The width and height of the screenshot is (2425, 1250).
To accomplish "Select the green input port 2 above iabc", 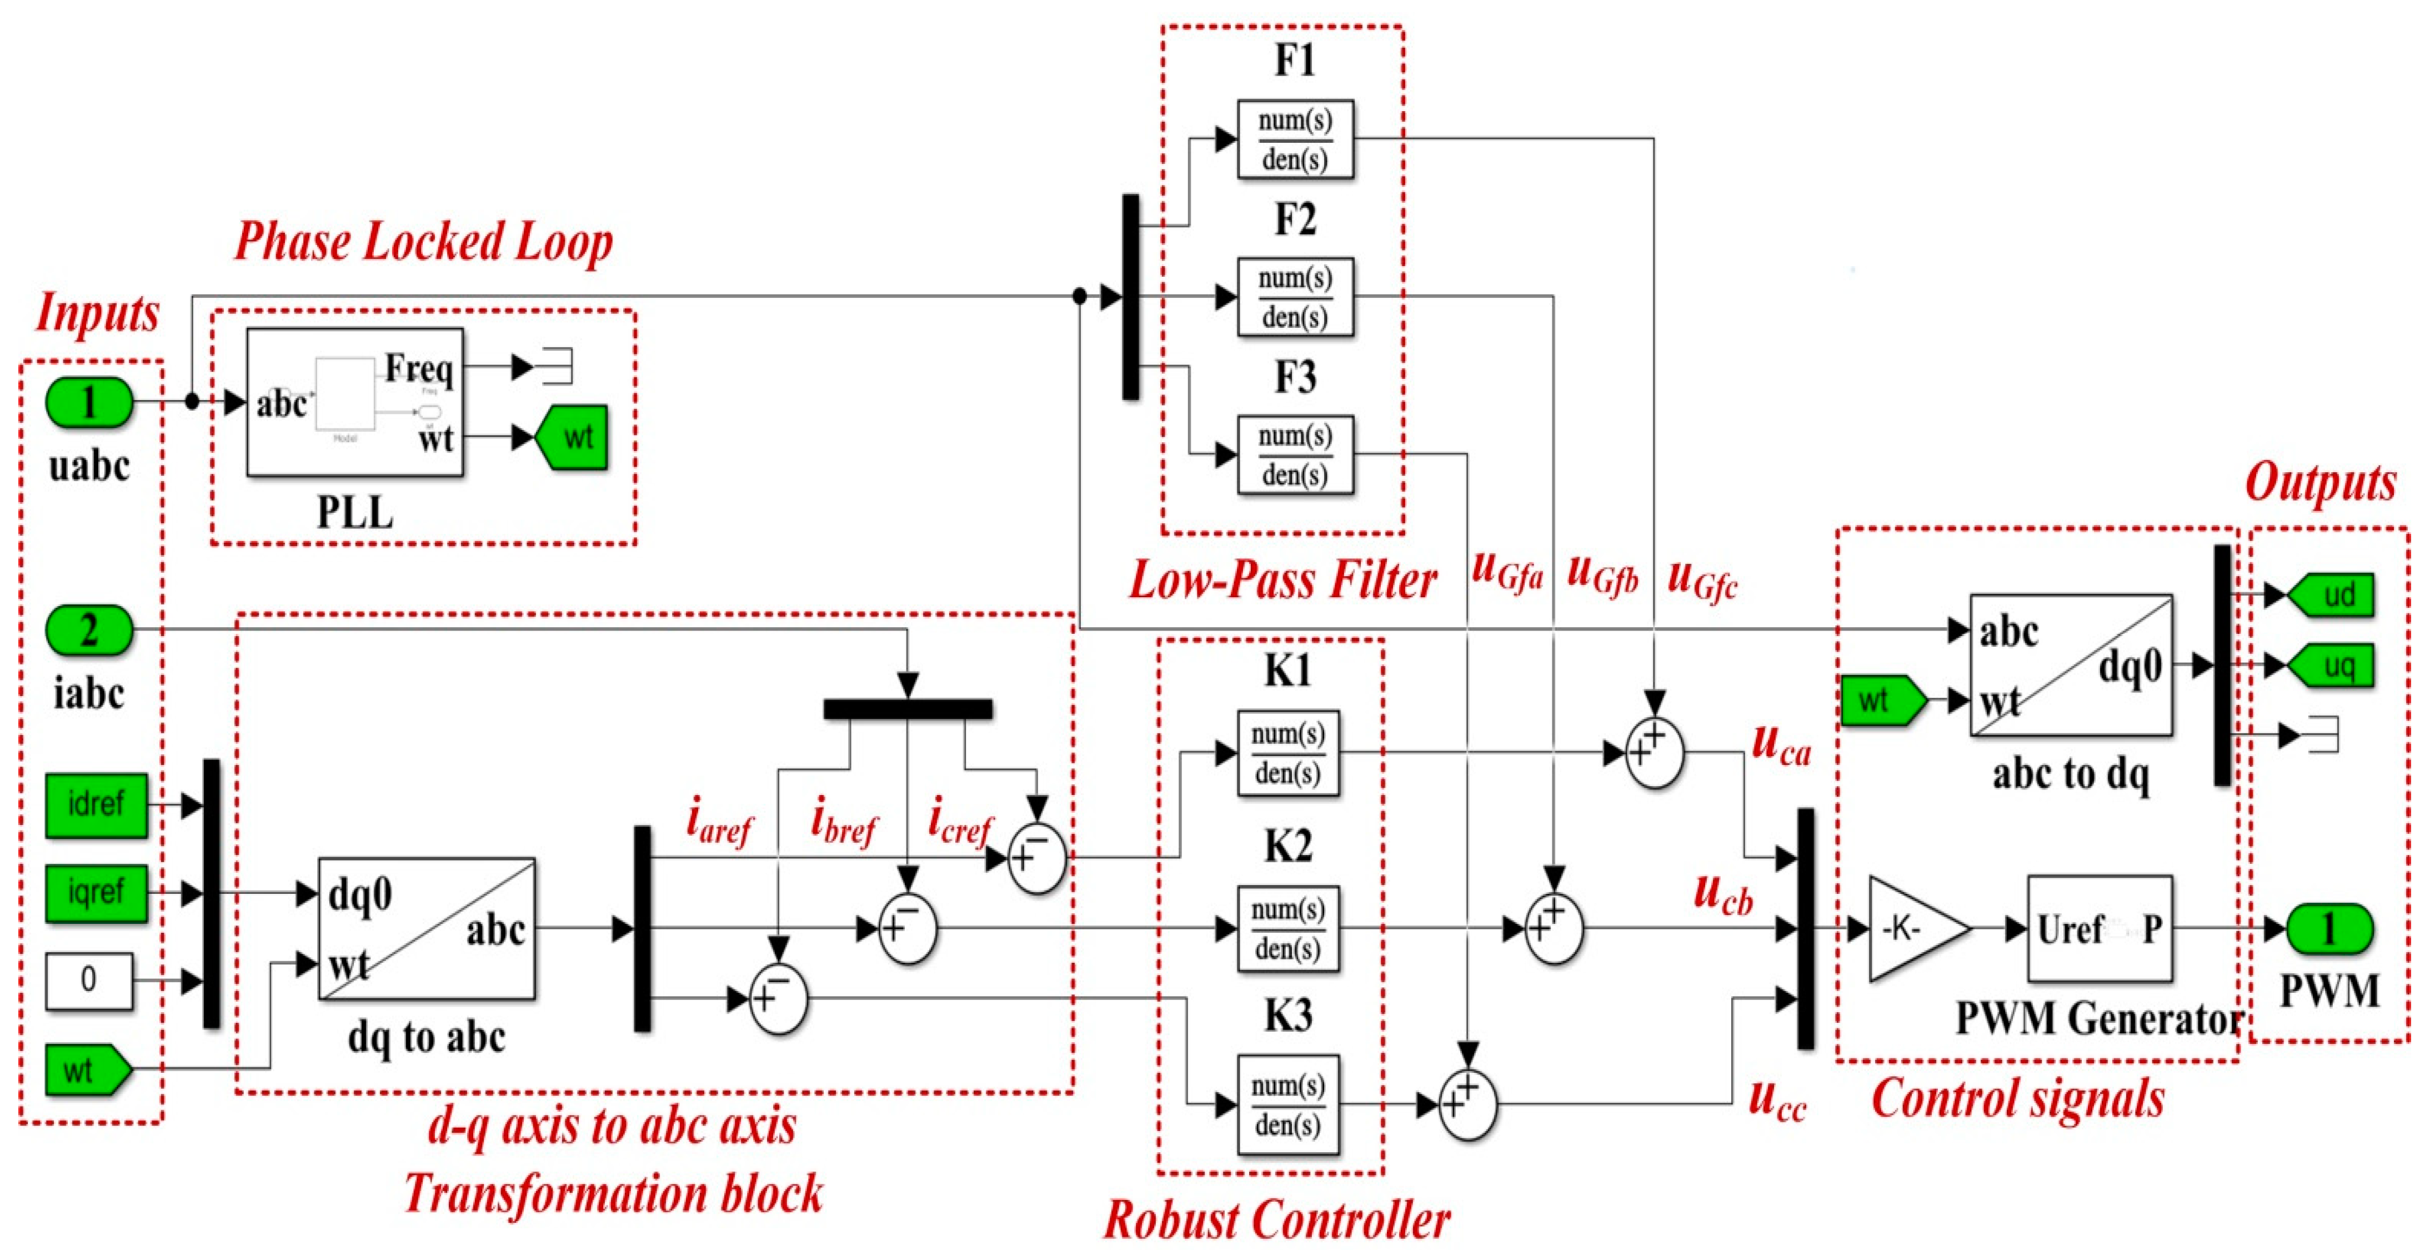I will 89,629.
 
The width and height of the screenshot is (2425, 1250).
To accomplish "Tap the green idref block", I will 96,805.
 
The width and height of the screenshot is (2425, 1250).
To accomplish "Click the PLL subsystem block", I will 355,402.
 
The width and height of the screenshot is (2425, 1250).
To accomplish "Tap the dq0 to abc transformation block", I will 427,928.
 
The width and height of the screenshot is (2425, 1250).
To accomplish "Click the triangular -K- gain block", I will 1911,929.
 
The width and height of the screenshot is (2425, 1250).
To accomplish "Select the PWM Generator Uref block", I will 2100,929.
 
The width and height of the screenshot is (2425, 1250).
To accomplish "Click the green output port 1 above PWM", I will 2329,929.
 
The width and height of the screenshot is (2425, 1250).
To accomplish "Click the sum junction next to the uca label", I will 1654,753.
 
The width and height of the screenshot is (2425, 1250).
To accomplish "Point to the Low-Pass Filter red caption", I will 1282,580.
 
